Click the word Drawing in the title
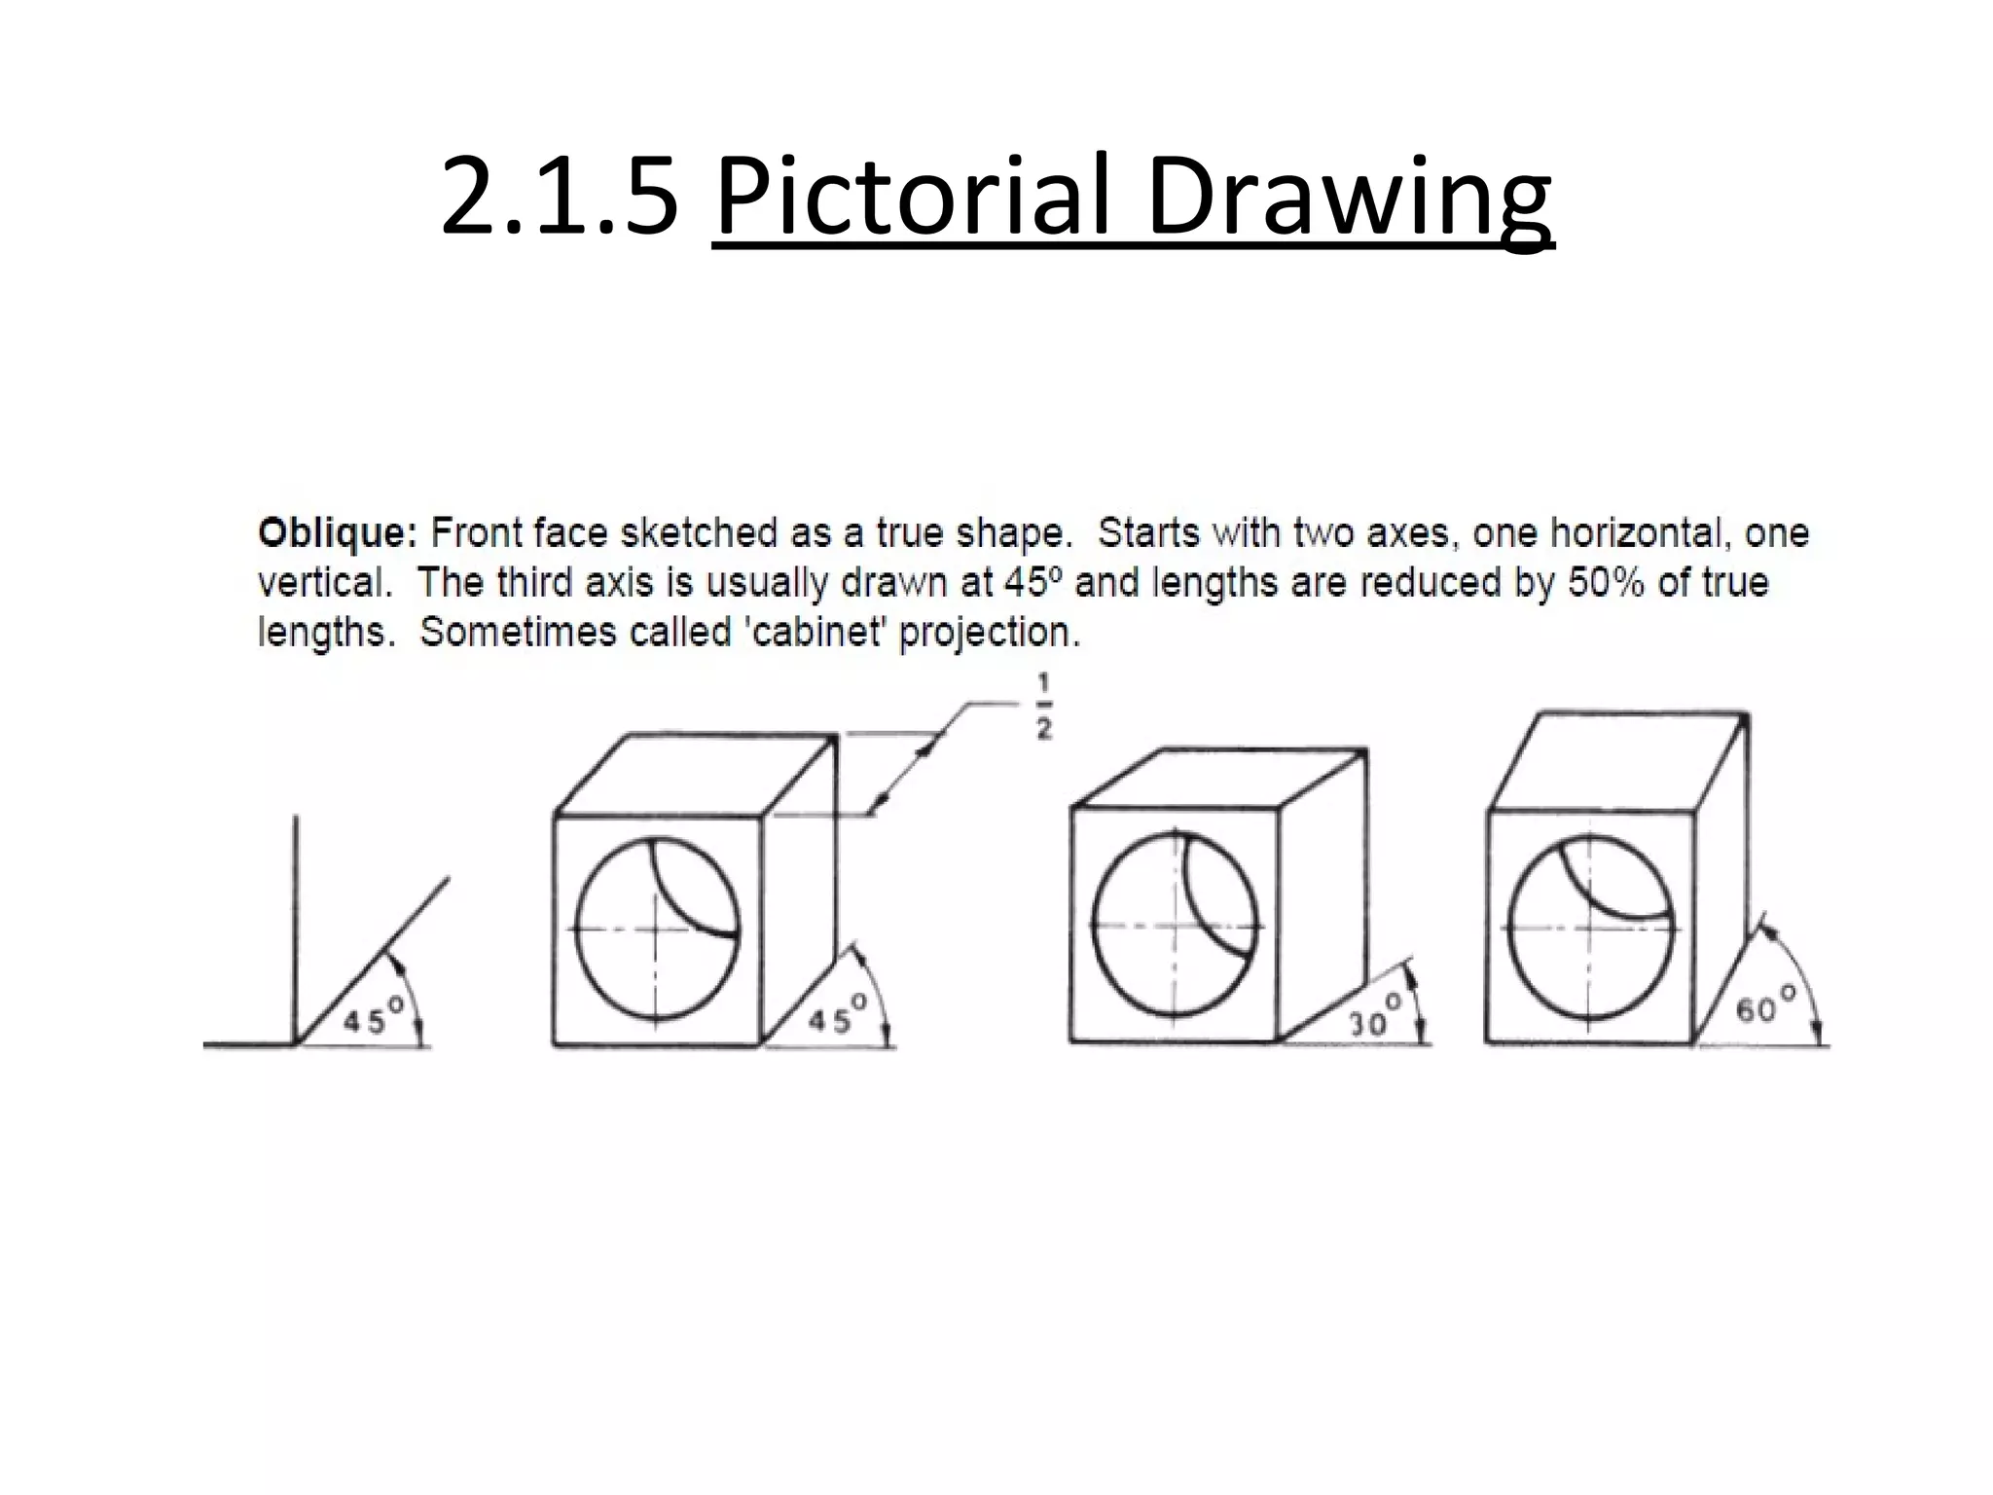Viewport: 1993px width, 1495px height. point(1349,197)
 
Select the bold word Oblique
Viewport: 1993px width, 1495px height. point(337,533)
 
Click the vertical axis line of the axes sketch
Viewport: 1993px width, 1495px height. point(296,925)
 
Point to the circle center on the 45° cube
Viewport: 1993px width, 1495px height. point(657,929)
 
